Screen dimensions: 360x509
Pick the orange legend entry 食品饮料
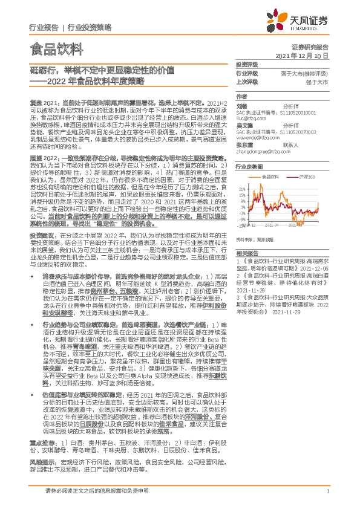pos(271,176)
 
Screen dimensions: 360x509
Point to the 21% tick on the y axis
pos(243,188)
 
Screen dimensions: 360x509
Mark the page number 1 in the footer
pos(327,491)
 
